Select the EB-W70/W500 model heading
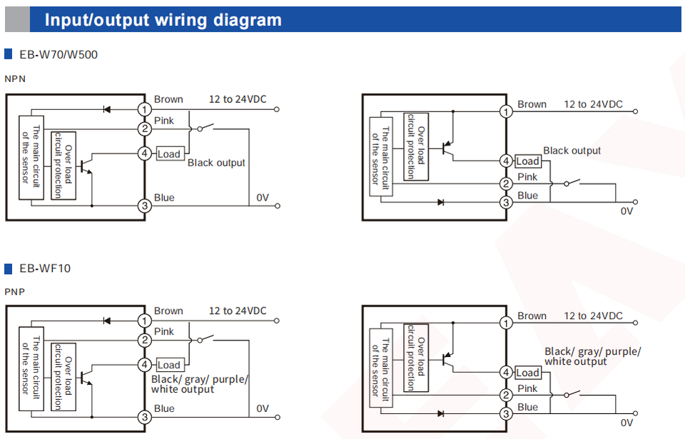coord(59,54)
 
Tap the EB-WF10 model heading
coord(45,268)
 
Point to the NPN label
coord(15,79)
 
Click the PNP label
coord(14,291)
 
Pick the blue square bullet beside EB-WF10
coord(9,268)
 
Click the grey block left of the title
coord(17,19)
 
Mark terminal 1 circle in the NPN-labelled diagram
coord(145,109)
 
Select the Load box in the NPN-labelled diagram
coord(169,153)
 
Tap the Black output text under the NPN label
coord(216,163)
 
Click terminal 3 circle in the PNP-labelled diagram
coord(145,418)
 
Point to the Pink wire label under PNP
coord(164,331)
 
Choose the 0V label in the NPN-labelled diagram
coord(263,198)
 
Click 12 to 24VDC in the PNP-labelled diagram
coord(238,311)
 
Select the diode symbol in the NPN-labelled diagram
coord(107,109)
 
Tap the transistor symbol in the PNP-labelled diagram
coord(87,376)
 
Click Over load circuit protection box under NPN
coord(64,165)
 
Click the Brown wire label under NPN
coord(168,99)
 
